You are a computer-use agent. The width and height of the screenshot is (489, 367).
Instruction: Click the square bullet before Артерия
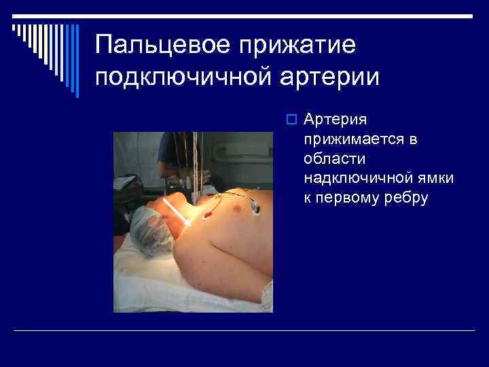click(x=290, y=120)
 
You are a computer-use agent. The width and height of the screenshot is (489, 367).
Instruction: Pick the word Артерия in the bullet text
click(x=336, y=120)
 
